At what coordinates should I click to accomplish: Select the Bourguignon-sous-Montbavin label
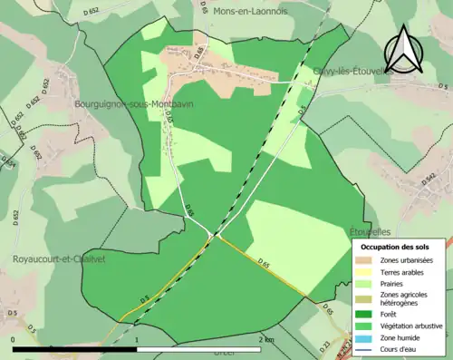[140, 104]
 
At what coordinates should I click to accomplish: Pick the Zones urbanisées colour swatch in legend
[370, 260]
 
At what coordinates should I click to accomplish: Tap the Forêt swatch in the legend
[370, 316]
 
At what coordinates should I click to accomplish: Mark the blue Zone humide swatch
[370, 338]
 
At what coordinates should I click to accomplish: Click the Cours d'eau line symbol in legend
[370, 350]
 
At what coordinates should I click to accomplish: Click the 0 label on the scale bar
[14, 339]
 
